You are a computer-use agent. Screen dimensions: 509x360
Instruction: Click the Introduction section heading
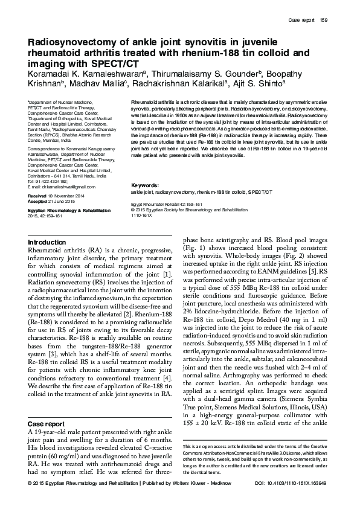coord(48,242)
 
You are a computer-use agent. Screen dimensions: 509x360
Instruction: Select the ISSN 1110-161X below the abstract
coord(143,215)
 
